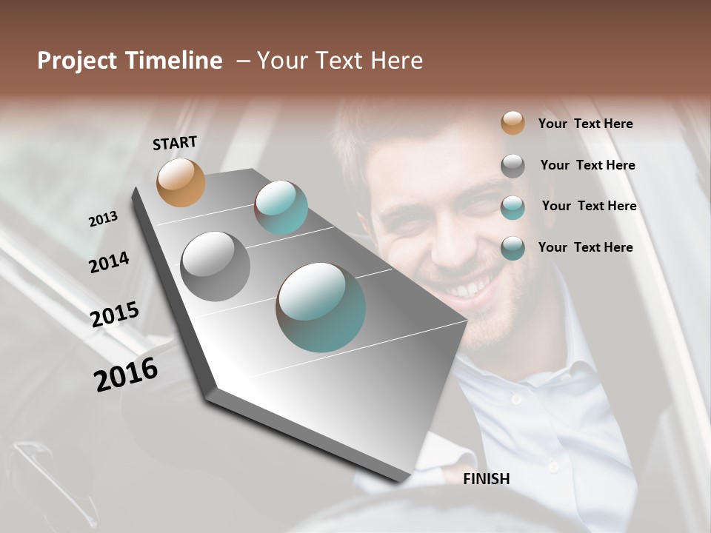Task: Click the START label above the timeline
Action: (x=175, y=143)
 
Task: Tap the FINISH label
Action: (x=487, y=479)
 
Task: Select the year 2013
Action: (x=104, y=219)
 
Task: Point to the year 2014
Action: (x=109, y=262)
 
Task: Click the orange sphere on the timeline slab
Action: (x=181, y=182)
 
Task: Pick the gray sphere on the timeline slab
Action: (x=216, y=266)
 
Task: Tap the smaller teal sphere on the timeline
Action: (x=281, y=207)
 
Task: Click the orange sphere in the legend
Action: (x=513, y=123)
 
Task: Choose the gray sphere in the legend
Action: (x=513, y=166)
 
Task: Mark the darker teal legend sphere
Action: (x=513, y=249)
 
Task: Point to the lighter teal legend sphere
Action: (x=513, y=207)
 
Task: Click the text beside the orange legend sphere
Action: (x=585, y=124)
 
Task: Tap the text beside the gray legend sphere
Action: (x=587, y=165)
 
